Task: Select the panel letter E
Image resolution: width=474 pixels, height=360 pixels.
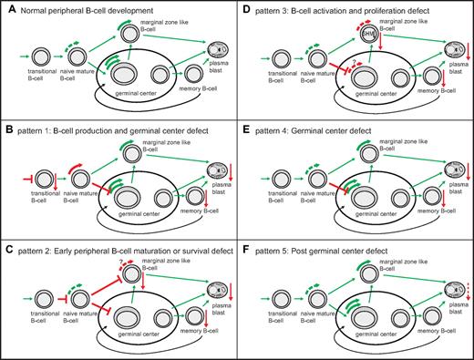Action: (248, 129)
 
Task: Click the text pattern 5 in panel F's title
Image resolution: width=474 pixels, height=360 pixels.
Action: (278, 249)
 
